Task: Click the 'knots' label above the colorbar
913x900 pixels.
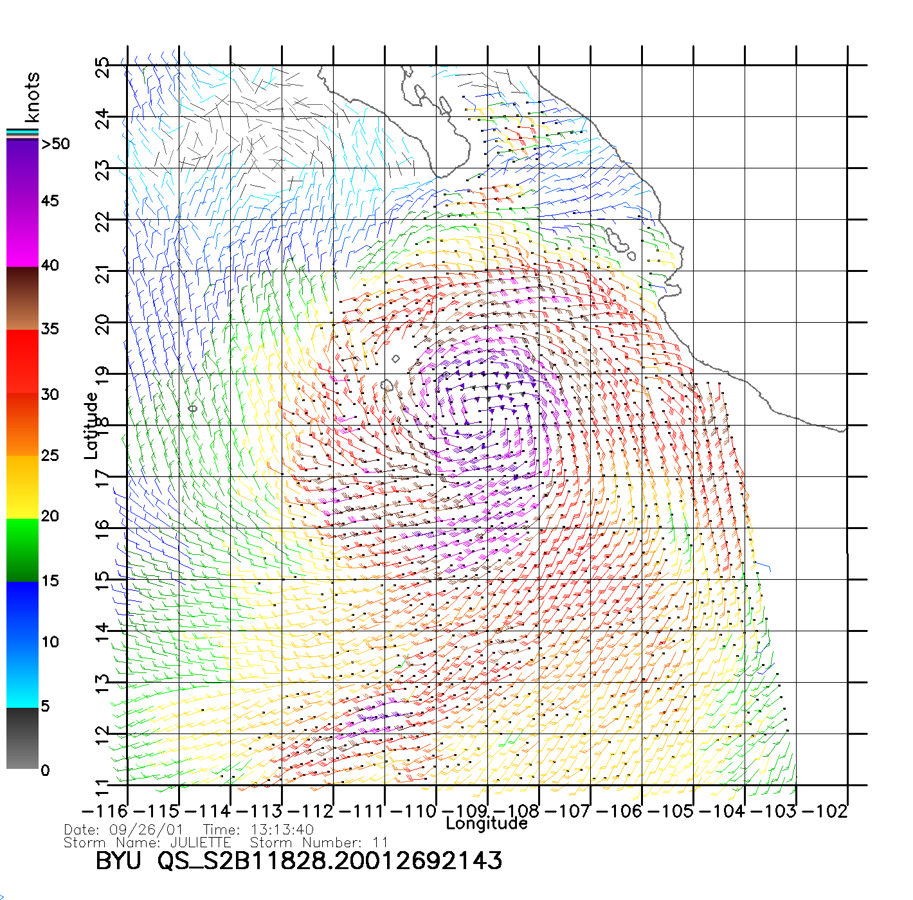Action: [x=32, y=97]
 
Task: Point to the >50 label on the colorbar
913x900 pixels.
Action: [x=55, y=144]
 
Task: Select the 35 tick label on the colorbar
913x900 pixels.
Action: [x=50, y=329]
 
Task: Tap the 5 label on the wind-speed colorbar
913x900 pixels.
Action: [x=45, y=706]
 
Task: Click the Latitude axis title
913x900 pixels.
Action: [x=91, y=426]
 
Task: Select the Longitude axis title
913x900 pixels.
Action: [x=487, y=824]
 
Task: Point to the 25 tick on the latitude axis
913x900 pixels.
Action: [x=102, y=67]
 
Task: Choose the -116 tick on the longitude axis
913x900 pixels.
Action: [x=105, y=811]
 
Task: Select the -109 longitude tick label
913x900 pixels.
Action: [x=465, y=811]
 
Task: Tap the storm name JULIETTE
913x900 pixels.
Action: [x=200, y=842]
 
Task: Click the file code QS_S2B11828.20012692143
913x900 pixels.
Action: [x=330, y=861]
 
